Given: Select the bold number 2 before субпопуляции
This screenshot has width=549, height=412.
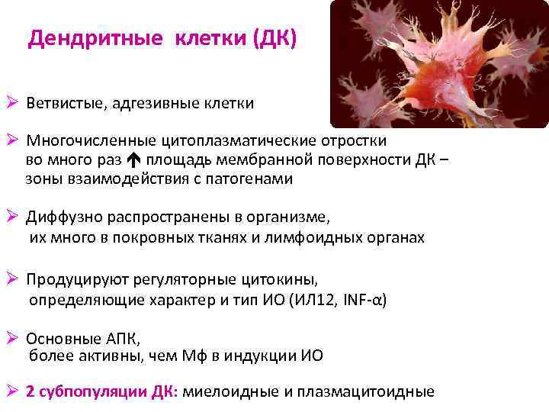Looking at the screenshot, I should click(30, 392).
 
